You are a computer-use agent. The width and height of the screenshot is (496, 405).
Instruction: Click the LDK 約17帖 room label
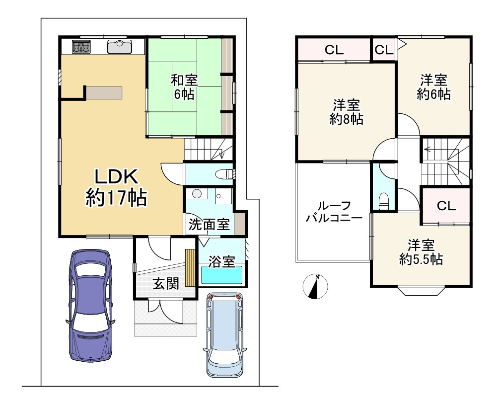[116, 188]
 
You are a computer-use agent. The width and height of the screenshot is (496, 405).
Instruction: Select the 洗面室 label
[209, 225]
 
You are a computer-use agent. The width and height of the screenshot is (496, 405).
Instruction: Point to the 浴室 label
[221, 261]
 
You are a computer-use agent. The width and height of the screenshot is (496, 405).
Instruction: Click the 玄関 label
[165, 283]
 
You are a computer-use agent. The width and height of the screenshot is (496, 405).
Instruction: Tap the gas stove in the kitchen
[81, 47]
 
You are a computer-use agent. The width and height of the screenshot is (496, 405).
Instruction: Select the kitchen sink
[119, 47]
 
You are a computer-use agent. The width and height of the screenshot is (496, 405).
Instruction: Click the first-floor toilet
[226, 174]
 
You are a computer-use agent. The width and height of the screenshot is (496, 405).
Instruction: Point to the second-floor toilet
[383, 202]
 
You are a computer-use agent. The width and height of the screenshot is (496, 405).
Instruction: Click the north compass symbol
[315, 287]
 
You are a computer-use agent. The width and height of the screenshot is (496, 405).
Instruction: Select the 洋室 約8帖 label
[346, 112]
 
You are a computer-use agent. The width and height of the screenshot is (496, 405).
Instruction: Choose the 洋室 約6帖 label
[433, 87]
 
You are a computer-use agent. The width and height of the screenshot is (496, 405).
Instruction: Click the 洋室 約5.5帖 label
[421, 252]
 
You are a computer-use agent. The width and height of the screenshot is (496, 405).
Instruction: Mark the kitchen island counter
[104, 93]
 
